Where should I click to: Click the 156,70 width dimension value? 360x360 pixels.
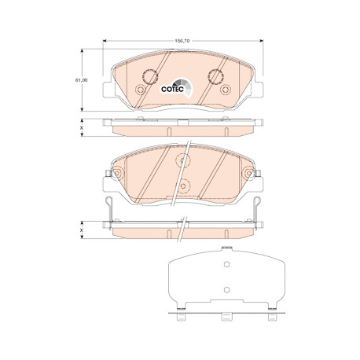(182, 41)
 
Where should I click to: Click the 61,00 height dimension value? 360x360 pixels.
(82, 80)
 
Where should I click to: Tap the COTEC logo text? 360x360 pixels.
(173, 90)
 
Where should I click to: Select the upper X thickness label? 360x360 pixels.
(82, 128)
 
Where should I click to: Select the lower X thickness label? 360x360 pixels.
(82, 230)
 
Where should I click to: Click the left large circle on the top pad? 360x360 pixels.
(150, 77)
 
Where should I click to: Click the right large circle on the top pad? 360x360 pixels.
(215, 76)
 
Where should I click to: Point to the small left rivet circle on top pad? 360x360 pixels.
(140, 90)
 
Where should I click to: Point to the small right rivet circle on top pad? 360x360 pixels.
(226, 90)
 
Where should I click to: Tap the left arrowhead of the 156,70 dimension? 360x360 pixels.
(105, 41)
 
